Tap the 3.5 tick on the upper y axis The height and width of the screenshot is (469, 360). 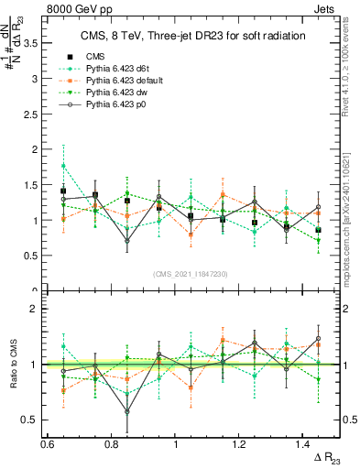tap(36, 42)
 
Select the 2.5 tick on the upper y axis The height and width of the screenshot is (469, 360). tap(36, 114)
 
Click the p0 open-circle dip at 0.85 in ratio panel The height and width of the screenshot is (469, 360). tap(127, 411)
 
